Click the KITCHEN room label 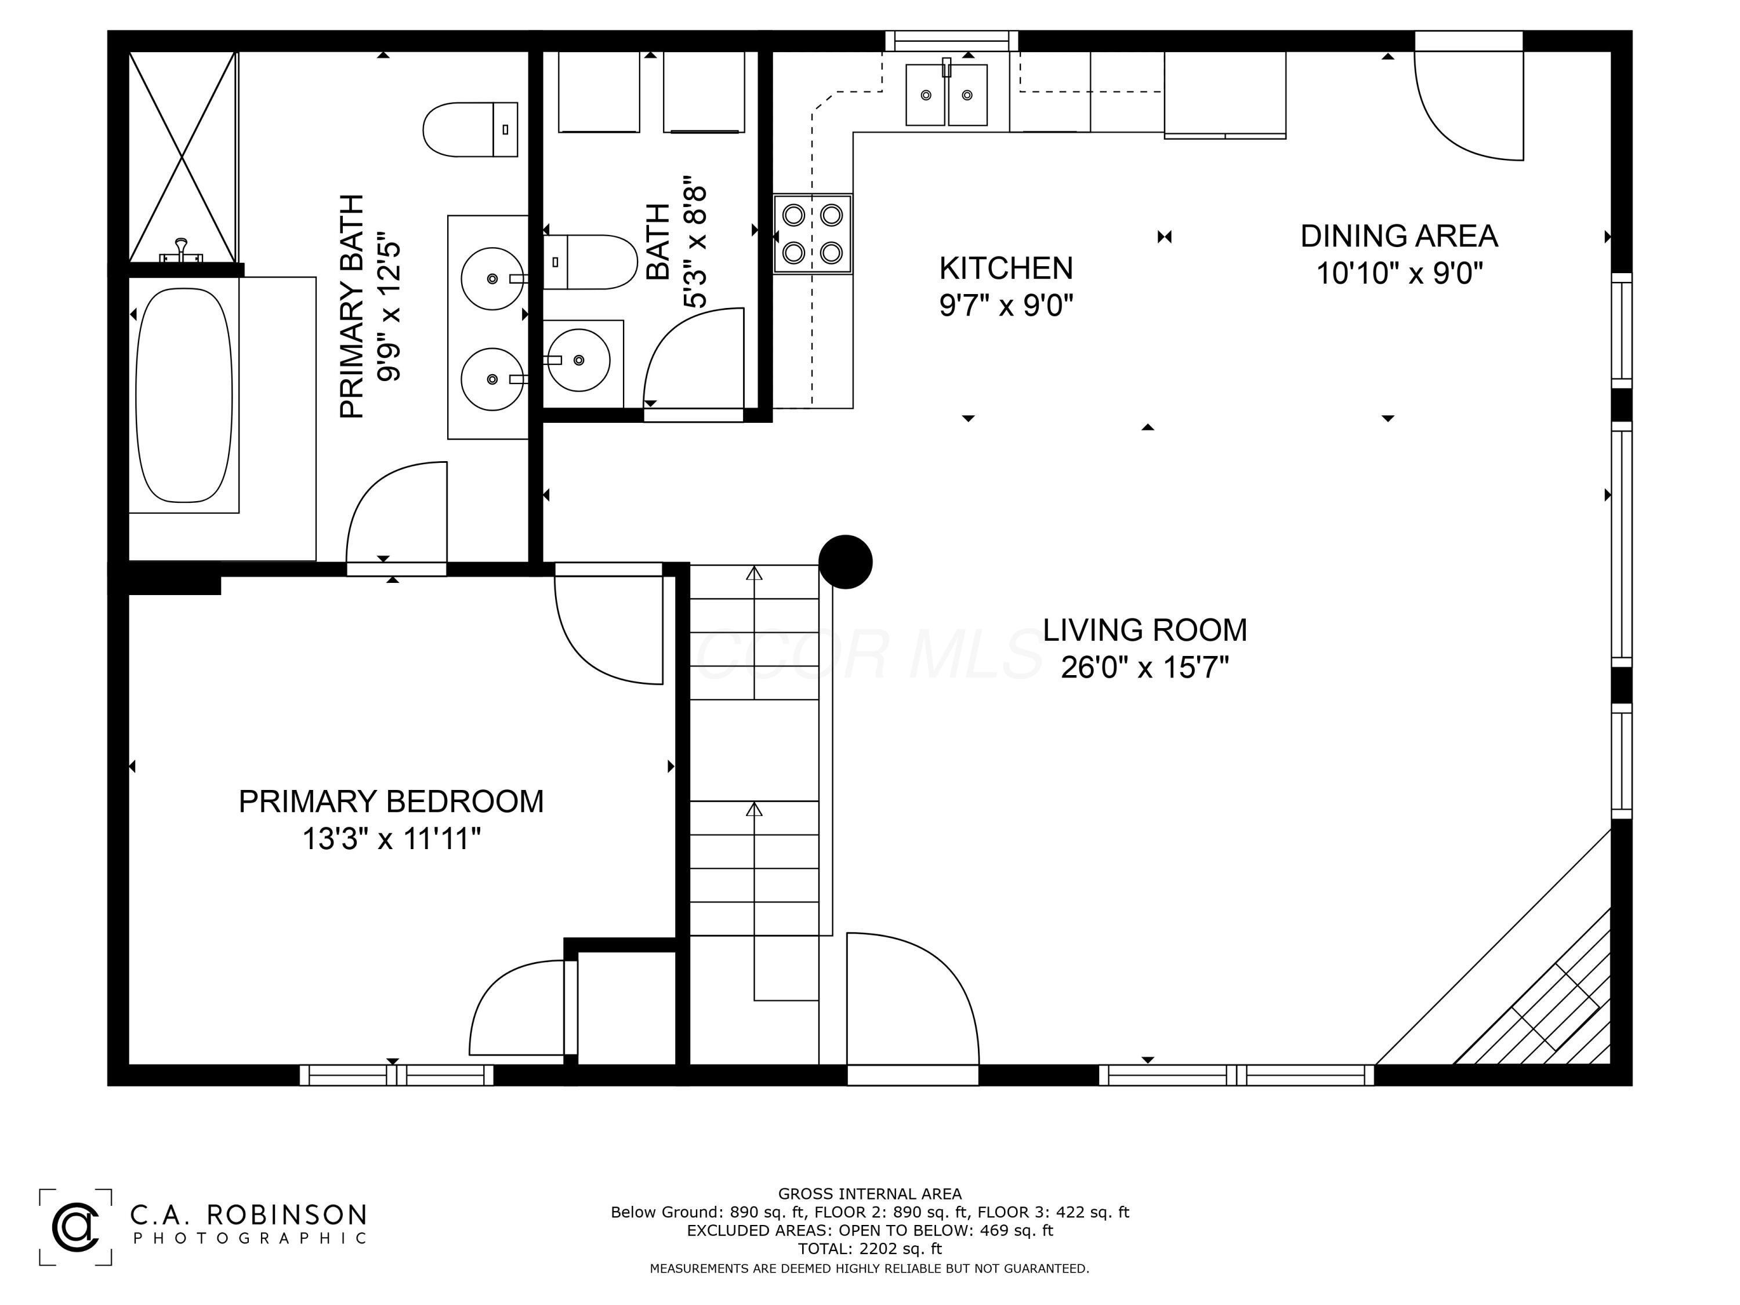click(x=1006, y=268)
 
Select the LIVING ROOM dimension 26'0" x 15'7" click(x=1144, y=668)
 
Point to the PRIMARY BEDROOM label click(x=391, y=802)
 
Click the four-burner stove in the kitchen click(x=813, y=234)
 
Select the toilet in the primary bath click(x=470, y=129)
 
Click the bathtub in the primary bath click(x=184, y=395)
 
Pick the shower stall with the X click(x=183, y=157)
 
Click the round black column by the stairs click(x=846, y=561)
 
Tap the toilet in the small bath click(x=590, y=262)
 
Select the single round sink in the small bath click(x=578, y=360)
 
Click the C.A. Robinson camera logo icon click(x=75, y=1226)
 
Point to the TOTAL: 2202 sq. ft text click(x=869, y=1248)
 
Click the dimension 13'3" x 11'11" click(x=391, y=839)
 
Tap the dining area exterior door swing click(x=1469, y=106)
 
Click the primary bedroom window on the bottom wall click(x=397, y=1075)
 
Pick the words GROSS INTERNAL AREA click(x=869, y=1194)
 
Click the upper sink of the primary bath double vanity click(x=492, y=278)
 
